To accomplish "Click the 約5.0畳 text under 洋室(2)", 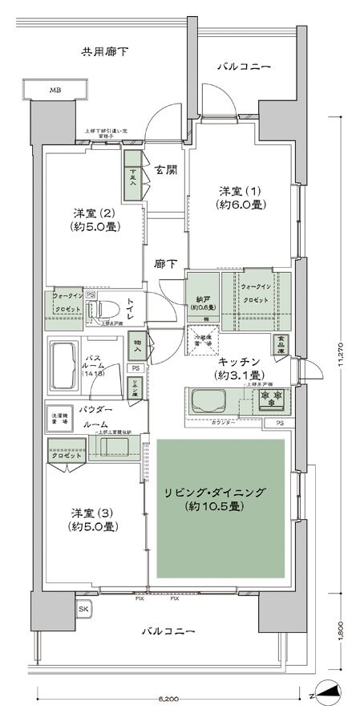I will (x=94, y=227).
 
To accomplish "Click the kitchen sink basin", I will (x=209, y=399).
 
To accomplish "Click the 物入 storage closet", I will (x=138, y=347).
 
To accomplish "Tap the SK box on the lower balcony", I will (x=83, y=610).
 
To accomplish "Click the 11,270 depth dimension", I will (x=342, y=365).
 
